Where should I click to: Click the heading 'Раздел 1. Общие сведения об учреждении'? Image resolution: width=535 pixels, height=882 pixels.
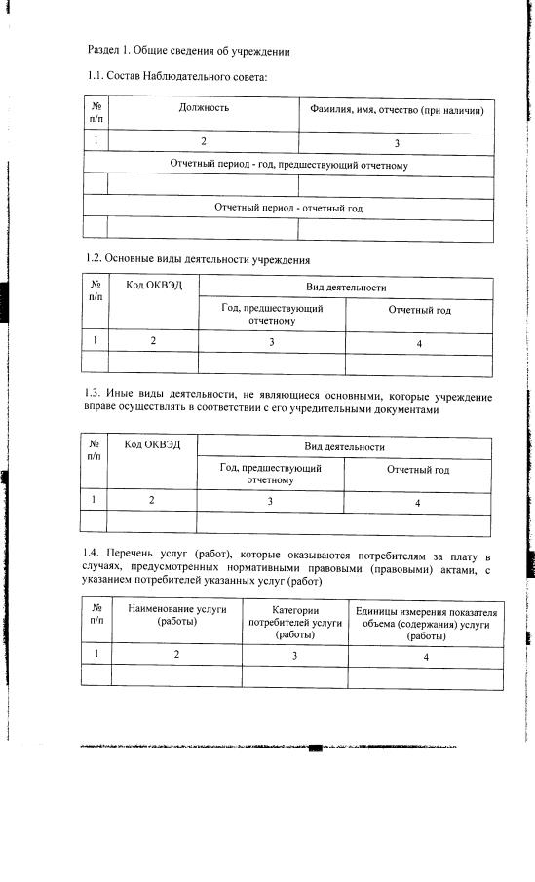pyautogui.click(x=189, y=49)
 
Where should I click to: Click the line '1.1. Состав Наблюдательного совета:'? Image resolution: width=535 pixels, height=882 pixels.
pyautogui.click(x=176, y=77)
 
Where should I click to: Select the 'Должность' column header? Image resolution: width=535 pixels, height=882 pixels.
pyautogui.click(x=204, y=108)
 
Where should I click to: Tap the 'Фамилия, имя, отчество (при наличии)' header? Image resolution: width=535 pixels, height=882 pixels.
pyautogui.click(x=397, y=111)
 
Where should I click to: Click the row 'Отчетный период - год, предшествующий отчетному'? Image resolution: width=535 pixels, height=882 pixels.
pyautogui.click(x=288, y=166)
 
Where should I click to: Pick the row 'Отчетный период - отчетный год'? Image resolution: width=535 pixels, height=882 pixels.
pyautogui.click(x=288, y=208)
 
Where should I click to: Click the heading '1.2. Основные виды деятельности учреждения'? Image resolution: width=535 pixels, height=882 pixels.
pyautogui.click(x=198, y=260)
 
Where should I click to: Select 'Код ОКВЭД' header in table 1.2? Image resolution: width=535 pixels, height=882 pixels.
pyautogui.click(x=153, y=287)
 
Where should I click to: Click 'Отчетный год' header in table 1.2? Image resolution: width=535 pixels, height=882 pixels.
pyautogui.click(x=419, y=311)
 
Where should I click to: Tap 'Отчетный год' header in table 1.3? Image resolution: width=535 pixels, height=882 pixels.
pyautogui.click(x=418, y=470)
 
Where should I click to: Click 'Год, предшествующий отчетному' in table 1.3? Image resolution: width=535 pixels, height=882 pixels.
pyautogui.click(x=271, y=474)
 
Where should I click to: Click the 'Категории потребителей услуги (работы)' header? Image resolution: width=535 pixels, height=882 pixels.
pyautogui.click(x=294, y=621)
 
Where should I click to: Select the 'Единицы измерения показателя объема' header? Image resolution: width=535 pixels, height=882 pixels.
pyautogui.click(x=426, y=623)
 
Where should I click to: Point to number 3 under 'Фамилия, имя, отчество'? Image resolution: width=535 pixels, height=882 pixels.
pyautogui.click(x=397, y=143)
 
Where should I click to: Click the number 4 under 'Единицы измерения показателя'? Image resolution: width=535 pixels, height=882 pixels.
pyautogui.click(x=426, y=656)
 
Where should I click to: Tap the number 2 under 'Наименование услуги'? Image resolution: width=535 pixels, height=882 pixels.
pyautogui.click(x=176, y=655)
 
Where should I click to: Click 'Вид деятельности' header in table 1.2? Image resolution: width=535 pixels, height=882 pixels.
pyautogui.click(x=346, y=288)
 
